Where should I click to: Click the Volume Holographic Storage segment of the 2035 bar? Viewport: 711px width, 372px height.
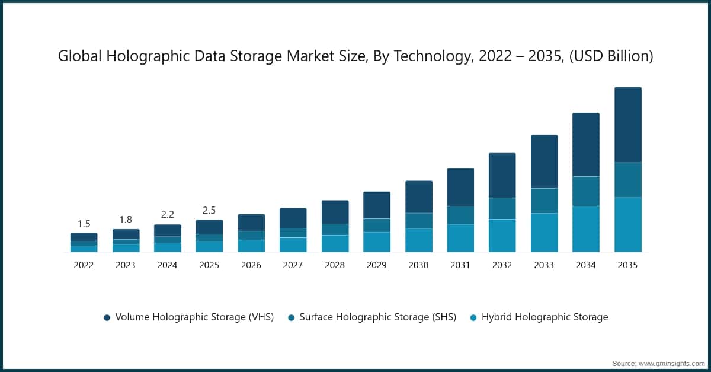point(627,125)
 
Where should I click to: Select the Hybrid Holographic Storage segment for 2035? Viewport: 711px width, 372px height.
point(627,224)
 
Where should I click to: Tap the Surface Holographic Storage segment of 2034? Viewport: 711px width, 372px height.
point(585,191)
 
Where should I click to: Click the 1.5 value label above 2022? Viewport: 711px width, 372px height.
point(84,224)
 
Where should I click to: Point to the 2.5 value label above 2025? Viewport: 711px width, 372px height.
point(209,211)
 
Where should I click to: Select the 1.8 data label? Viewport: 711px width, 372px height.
point(126,220)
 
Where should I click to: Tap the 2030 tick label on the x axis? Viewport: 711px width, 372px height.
point(418,265)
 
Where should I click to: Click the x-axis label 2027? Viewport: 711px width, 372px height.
point(293,265)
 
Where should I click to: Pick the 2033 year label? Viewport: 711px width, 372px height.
point(544,265)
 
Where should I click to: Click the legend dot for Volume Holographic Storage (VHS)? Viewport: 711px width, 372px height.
point(107,317)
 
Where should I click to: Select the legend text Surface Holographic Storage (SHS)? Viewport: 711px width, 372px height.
point(377,317)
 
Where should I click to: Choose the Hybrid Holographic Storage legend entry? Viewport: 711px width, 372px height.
point(545,317)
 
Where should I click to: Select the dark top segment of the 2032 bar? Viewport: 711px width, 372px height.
point(502,175)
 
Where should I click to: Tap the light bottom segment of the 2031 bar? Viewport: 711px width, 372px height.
point(460,238)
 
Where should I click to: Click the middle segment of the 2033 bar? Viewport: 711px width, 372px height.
point(544,201)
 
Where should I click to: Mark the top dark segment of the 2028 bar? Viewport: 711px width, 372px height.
point(335,212)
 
